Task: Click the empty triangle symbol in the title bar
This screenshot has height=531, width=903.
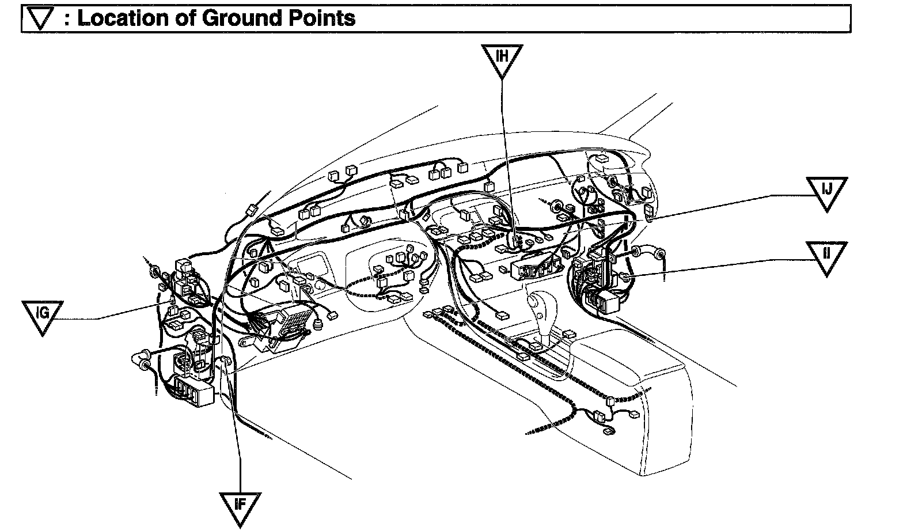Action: pos(40,19)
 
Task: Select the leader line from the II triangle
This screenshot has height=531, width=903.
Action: pos(720,268)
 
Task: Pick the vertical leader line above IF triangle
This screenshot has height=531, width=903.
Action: pos(240,449)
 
